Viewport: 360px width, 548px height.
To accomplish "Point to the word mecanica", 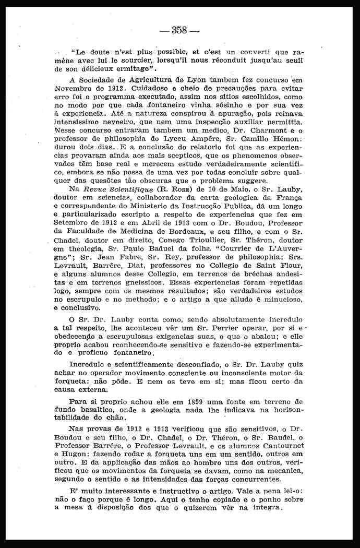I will tap(282, 471).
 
